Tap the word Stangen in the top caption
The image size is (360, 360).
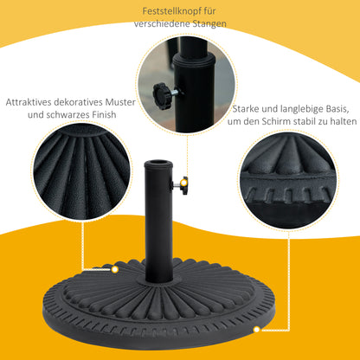pyautogui.click(x=209, y=24)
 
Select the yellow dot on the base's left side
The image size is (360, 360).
pyautogui.click(x=113, y=269)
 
